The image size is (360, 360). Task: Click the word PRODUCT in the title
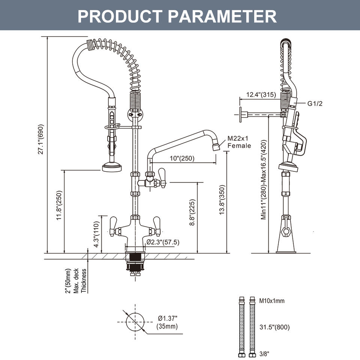click(120, 16)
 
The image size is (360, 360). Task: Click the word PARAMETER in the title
click(222, 16)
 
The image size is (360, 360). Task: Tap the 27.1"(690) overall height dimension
click(40, 139)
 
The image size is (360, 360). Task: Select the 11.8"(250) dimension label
click(59, 205)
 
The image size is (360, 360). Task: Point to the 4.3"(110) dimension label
click(97, 234)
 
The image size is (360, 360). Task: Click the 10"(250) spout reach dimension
click(182, 158)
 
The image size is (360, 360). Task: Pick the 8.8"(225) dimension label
click(192, 212)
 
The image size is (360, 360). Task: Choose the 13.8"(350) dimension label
click(222, 200)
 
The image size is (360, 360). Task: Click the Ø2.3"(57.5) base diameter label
click(163, 242)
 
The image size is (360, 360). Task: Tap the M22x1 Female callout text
click(239, 142)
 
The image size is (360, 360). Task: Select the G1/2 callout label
click(315, 103)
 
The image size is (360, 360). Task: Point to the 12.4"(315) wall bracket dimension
click(261, 94)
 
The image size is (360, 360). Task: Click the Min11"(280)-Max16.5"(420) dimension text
click(263, 180)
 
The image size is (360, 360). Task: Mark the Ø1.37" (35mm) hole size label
click(167, 322)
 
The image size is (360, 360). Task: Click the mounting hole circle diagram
click(135, 322)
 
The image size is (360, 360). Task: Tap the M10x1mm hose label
click(272, 301)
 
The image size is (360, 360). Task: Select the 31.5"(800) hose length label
click(274, 327)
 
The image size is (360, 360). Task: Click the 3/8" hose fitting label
click(264, 354)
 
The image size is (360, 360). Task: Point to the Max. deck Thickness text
click(80, 280)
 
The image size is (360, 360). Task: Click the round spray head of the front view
click(112, 166)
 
